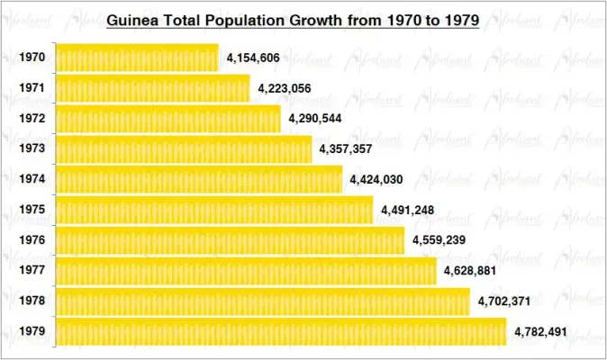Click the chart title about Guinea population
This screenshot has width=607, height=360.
[x=293, y=19]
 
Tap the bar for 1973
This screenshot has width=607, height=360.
[x=184, y=149]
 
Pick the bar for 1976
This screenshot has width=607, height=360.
[x=230, y=240]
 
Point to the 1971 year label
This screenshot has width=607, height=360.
[x=32, y=88]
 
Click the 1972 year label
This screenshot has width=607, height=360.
[x=32, y=119]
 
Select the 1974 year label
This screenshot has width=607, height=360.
[x=32, y=180]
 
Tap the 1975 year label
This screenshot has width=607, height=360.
[x=32, y=211]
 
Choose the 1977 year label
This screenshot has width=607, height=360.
[x=32, y=271]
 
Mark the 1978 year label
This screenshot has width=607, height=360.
[x=32, y=301]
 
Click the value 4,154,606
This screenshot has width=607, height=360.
[x=253, y=58]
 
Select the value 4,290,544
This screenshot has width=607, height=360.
[x=314, y=119]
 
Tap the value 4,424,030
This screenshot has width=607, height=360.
[x=376, y=180]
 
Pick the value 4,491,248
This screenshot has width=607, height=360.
[x=407, y=211]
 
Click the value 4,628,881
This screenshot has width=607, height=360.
[x=470, y=271]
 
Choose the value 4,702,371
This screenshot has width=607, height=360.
[x=503, y=301]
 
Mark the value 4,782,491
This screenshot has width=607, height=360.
[x=540, y=332]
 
